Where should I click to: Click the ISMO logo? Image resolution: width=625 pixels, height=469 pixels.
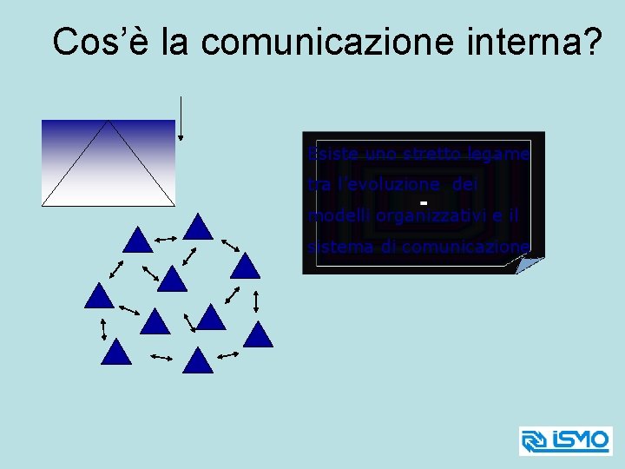(565, 440)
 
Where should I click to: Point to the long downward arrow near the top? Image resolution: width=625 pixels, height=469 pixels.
(181, 117)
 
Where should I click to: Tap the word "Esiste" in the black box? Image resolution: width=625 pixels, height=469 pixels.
(329, 154)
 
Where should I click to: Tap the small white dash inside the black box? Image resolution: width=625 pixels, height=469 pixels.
(424, 203)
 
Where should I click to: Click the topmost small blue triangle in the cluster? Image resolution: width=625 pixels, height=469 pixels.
(199, 227)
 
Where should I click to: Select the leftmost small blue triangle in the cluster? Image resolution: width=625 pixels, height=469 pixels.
(99, 296)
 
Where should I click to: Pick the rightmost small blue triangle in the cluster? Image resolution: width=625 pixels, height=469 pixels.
(258, 334)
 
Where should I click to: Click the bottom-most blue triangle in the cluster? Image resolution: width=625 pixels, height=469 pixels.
(199, 360)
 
